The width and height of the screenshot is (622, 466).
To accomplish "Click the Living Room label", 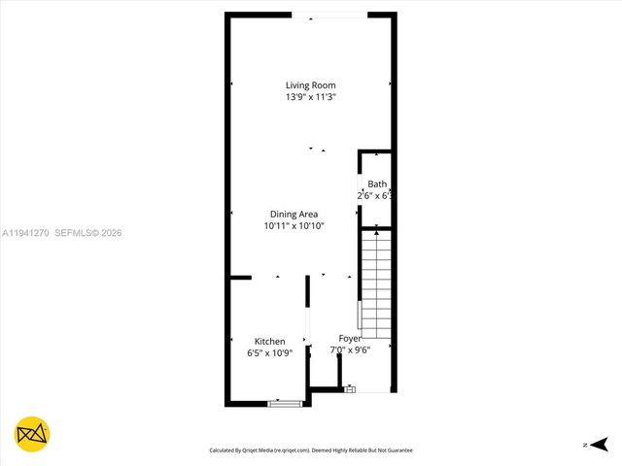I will pyautogui.click(x=311, y=85).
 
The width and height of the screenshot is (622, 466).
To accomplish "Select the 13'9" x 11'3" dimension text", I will pyautogui.click(x=311, y=97).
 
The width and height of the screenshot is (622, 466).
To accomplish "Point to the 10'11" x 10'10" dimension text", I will pyautogui.click(x=294, y=225).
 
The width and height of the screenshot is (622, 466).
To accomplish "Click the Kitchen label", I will pyautogui.click(x=269, y=341).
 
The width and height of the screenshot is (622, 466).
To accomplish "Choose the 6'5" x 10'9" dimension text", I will pyautogui.click(x=269, y=352).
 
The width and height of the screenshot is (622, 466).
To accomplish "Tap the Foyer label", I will pyautogui.click(x=350, y=338).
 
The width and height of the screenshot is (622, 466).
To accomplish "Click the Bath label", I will pyautogui.click(x=377, y=183).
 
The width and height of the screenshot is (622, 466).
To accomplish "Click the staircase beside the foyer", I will pyautogui.click(x=375, y=282).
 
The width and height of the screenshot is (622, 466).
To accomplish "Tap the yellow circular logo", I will pyautogui.click(x=32, y=434).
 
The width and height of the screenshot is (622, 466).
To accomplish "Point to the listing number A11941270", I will pyautogui.click(x=26, y=233).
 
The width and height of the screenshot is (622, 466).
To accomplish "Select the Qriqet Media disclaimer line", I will pyautogui.click(x=311, y=450).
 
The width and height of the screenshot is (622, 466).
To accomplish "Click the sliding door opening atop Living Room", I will pyautogui.click(x=329, y=15).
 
